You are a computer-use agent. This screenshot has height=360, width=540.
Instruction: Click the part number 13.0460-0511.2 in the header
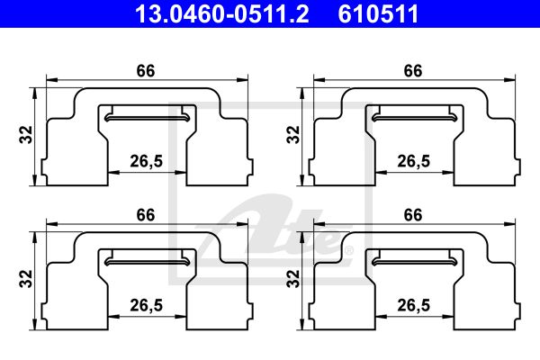221,13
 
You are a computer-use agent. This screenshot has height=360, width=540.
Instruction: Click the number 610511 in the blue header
378,13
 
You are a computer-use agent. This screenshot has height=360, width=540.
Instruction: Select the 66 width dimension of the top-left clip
146,71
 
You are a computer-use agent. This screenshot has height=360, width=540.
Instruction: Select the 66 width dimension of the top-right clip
413,71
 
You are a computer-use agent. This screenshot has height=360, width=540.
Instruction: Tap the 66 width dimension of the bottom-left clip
146,215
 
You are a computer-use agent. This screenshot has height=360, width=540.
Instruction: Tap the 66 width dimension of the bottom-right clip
413,215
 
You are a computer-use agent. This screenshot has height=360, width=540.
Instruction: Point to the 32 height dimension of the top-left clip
26,135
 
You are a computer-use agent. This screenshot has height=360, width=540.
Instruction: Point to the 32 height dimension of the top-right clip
293,135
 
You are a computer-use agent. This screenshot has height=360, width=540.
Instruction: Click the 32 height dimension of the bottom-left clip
26,279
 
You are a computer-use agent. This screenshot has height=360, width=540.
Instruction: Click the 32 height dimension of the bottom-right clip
293,279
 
